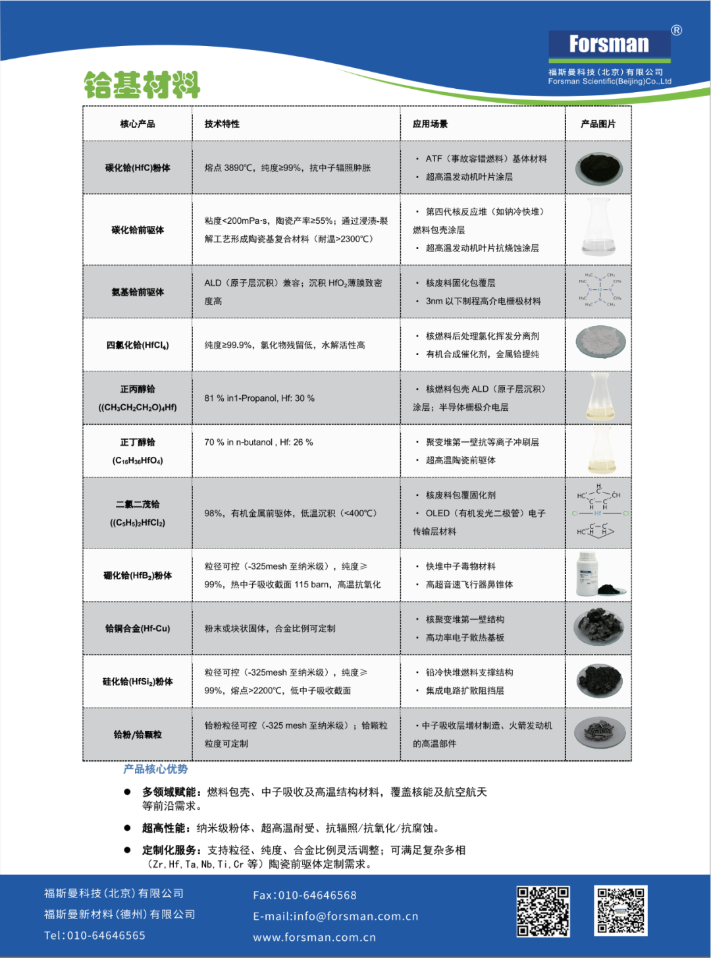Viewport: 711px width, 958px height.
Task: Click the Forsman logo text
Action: click(609, 44)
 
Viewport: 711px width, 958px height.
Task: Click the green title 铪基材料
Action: click(142, 85)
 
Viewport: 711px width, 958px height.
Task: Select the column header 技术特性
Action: click(222, 124)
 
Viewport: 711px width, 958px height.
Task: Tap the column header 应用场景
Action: click(430, 124)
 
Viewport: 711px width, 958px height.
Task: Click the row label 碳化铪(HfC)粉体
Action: click(138, 168)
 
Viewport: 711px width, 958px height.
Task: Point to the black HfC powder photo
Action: click(598, 169)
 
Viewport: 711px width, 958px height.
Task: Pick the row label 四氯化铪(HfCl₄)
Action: click(138, 345)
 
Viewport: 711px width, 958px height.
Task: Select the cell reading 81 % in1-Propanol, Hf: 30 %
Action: click(259, 398)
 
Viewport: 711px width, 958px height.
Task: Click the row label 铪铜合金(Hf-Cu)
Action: click(138, 629)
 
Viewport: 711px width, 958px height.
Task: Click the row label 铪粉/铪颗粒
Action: click(138, 735)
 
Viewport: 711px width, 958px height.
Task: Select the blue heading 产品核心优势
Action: click(155, 769)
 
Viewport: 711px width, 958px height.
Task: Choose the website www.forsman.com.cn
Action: click(315, 938)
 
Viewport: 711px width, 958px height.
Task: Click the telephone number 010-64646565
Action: click(106, 936)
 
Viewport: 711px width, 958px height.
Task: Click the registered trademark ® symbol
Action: click(676, 30)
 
